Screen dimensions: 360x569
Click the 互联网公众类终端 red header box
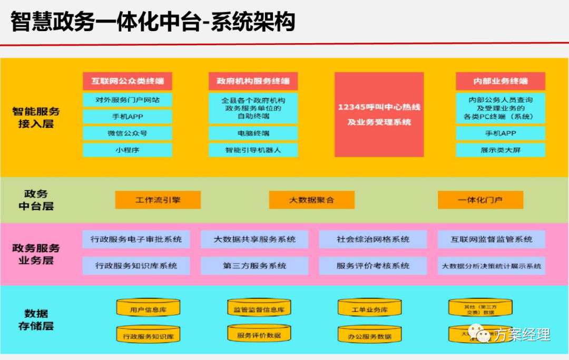coord(127,81)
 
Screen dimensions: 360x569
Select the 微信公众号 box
coord(127,133)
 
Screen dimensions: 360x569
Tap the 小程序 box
coord(127,150)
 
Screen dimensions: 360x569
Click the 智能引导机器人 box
coord(253,150)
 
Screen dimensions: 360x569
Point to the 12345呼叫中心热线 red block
coord(379,114)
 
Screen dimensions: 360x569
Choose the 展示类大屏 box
coord(500,150)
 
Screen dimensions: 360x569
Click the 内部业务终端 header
coord(500,81)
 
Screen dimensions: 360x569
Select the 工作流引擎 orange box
coord(158,200)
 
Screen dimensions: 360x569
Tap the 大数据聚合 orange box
coord(311,200)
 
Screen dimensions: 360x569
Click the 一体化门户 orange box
coord(480,200)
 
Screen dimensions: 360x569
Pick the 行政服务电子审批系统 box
coord(136,239)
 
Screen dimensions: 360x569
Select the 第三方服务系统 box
coord(254,266)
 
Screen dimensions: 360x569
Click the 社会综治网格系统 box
coord(373,239)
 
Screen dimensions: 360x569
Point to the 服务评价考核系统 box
coord(373,266)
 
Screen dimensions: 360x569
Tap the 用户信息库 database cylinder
coord(148,309)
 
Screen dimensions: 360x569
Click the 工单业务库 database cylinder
coord(369,309)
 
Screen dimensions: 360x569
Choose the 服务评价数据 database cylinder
coord(259,335)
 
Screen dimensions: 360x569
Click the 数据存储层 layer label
coord(36,319)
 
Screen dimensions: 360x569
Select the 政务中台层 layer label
coord(36,200)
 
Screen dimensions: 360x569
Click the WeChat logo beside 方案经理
coord(480,334)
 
